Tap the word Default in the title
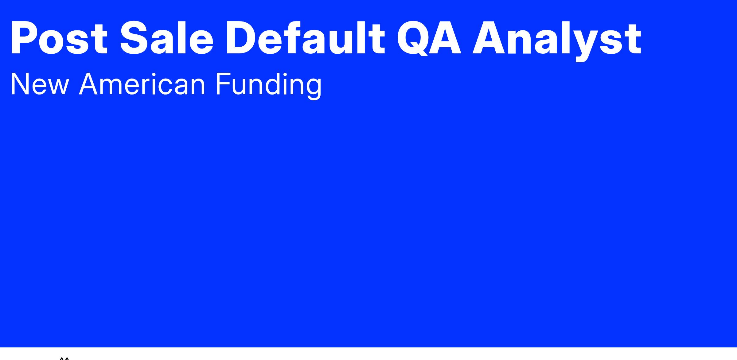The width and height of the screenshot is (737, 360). click(x=305, y=38)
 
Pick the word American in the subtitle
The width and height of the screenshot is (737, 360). click(x=142, y=84)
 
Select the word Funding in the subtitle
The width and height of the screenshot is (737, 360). click(x=268, y=86)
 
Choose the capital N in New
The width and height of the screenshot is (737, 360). click(x=20, y=84)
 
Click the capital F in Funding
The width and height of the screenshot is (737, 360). click(x=224, y=84)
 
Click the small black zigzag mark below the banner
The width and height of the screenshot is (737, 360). click(x=64, y=358)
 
